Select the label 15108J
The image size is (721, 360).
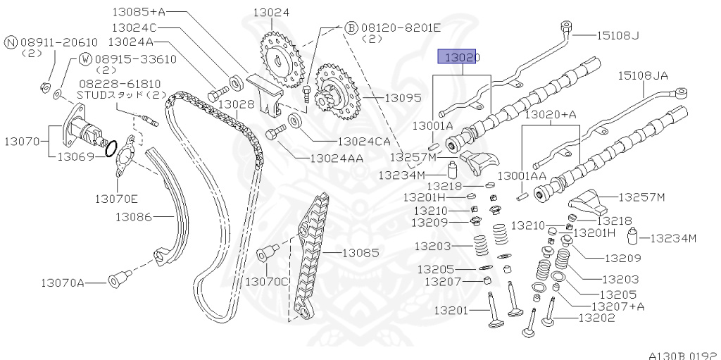(x=617, y=35)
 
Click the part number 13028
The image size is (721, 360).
(x=236, y=104)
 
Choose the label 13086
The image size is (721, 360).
(x=134, y=217)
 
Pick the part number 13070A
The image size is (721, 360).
(x=62, y=283)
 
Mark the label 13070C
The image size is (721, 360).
(x=267, y=281)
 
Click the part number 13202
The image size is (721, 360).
(x=596, y=318)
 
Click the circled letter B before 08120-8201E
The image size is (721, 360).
(x=351, y=28)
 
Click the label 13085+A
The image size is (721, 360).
(x=137, y=12)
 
